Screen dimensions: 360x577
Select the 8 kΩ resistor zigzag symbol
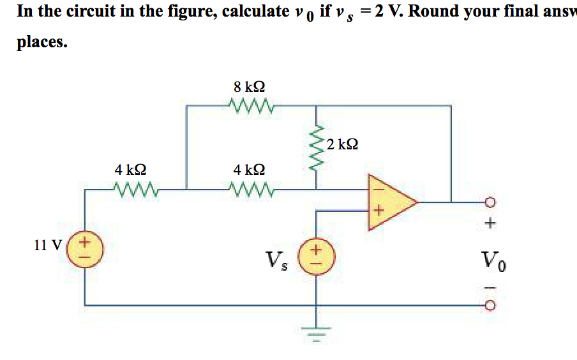click(250, 104)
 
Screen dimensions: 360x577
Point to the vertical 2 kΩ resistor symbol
click(315, 147)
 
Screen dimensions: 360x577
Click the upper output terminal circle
click(490, 203)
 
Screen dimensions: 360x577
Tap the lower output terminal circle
click(490, 306)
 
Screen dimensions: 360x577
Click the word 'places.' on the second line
click(42, 42)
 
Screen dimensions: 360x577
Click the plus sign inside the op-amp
click(377, 211)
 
